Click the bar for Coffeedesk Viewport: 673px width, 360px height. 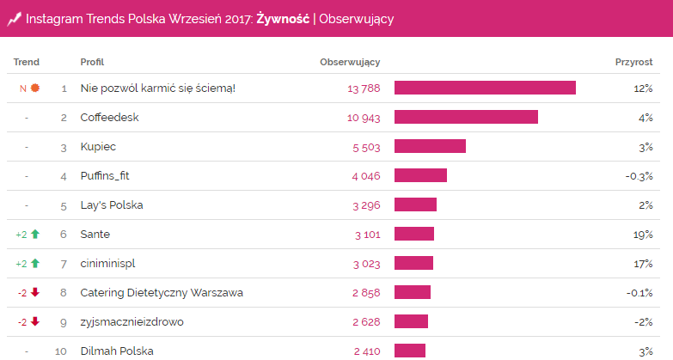click(x=466, y=117)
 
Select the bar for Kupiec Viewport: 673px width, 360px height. click(x=430, y=146)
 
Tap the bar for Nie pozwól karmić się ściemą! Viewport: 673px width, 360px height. click(x=485, y=88)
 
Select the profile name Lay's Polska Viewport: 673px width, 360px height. click(x=112, y=204)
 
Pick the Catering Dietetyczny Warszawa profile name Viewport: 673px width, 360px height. click(x=162, y=292)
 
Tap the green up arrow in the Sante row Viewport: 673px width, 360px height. click(x=34, y=234)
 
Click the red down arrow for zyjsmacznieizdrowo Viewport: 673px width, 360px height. click(x=34, y=321)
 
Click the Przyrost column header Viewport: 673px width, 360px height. click(x=633, y=62)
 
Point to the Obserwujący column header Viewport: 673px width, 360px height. click(x=350, y=62)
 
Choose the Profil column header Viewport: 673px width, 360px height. click(x=92, y=62)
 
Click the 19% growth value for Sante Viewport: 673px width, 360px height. click(x=643, y=234)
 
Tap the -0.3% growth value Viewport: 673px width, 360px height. click(x=639, y=175)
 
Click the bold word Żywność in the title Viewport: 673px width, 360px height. click(x=283, y=19)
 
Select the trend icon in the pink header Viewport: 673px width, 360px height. click(x=14, y=18)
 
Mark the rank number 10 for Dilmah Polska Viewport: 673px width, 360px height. click(x=60, y=351)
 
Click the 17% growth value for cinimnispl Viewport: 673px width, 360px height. click(x=643, y=263)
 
